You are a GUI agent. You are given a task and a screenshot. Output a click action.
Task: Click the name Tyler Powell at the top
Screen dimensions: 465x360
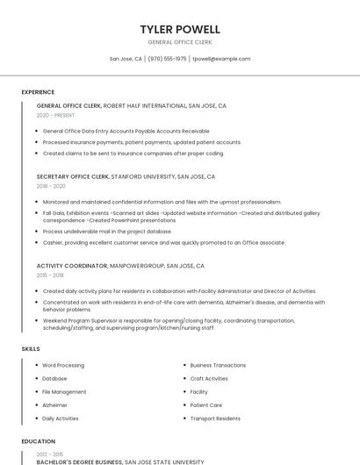coord(180,29)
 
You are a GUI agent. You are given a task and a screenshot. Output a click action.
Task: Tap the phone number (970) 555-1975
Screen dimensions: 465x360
coord(167,59)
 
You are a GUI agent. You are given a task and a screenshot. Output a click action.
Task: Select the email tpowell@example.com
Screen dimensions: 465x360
coord(221,59)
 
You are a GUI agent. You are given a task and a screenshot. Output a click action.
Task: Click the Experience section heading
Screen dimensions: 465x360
coord(38,92)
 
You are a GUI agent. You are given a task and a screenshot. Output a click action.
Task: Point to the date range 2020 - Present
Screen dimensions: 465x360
coord(55,115)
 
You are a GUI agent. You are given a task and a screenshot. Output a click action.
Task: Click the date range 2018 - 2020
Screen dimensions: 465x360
coord(51,186)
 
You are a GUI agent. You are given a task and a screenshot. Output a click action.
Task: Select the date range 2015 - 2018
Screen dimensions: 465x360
coord(51,275)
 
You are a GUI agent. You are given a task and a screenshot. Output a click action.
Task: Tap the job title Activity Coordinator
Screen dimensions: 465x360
coord(72,265)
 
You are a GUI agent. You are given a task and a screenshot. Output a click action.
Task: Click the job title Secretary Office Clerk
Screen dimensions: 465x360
coord(73,176)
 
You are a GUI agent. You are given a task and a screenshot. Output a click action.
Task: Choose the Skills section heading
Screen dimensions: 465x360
coord(31,349)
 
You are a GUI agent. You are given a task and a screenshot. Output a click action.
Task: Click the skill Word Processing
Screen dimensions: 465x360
coord(63,365)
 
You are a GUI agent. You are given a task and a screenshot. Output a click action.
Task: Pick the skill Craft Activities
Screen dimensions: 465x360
coord(209,378)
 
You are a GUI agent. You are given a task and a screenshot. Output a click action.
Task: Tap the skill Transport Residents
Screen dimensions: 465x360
coord(215,418)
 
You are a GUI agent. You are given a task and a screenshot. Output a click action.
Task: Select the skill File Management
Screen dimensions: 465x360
coord(64,391)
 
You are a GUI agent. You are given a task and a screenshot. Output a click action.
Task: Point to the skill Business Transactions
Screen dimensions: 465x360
coord(218,365)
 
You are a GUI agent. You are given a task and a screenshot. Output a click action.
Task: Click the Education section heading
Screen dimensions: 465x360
coord(38,441)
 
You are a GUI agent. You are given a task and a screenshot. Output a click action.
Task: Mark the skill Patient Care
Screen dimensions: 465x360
coord(205,405)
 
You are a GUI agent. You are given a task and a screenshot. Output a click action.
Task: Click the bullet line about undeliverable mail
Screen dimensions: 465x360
coord(107,232)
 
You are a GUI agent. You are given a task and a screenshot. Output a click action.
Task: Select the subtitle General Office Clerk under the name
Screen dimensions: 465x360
coord(180,42)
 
